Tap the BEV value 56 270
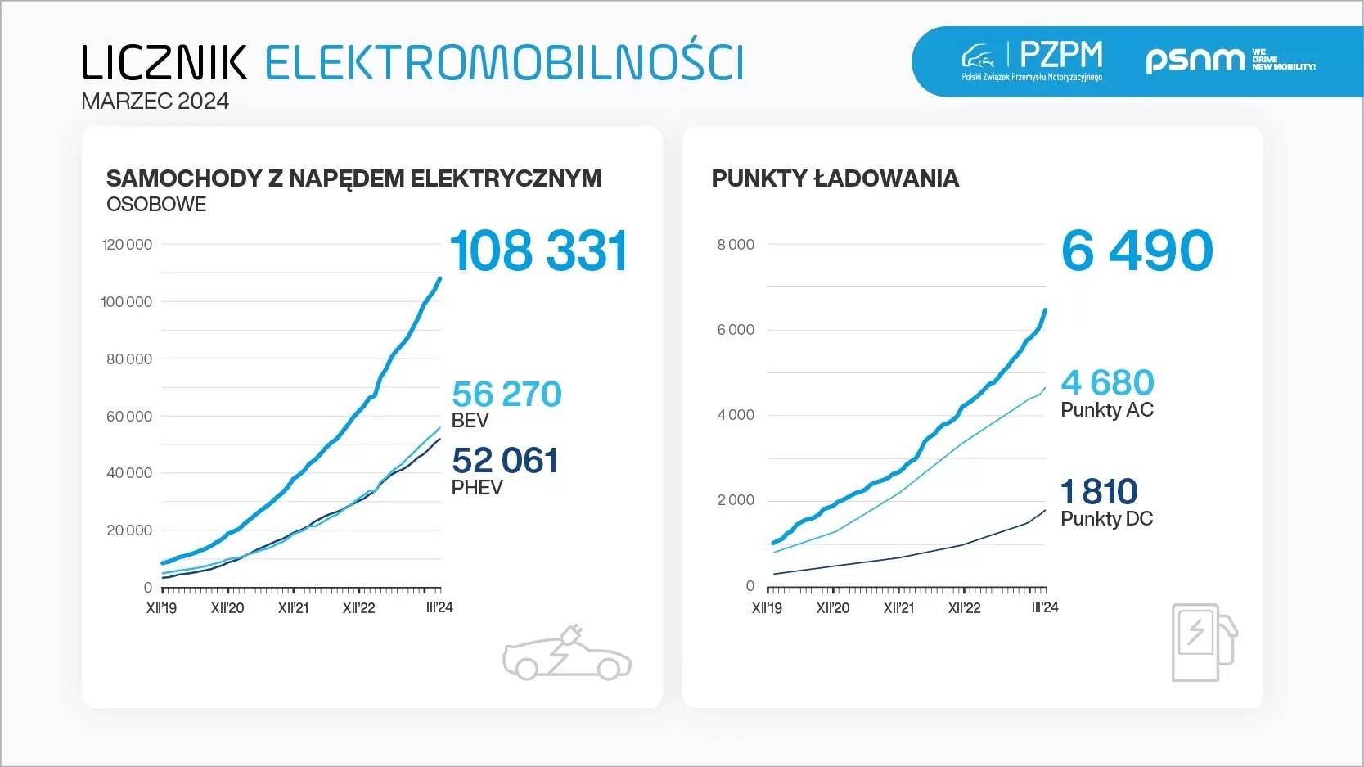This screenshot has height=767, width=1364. click(x=506, y=395)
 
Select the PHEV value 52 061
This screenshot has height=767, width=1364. click(x=505, y=461)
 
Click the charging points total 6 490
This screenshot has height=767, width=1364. click(x=1137, y=250)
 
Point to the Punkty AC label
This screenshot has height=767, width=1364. click(x=1106, y=410)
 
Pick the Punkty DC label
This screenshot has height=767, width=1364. click(x=1106, y=519)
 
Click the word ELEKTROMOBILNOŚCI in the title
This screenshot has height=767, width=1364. click(x=504, y=63)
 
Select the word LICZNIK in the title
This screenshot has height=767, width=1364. click(x=164, y=63)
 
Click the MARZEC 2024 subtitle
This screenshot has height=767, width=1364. click(x=155, y=102)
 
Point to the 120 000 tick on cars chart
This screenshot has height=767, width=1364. click(x=127, y=245)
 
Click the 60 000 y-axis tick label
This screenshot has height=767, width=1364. click(x=128, y=417)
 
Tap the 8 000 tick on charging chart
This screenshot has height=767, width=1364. click(x=736, y=245)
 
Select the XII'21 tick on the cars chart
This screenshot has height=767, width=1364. click(x=293, y=608)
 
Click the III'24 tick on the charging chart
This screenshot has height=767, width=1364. click(x=1045, y=607)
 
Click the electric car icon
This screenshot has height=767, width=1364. click(x=566, y=654)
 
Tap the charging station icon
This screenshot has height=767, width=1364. click(x=1204, y=643)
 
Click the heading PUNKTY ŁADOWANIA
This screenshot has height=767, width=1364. click(x=835, y=178)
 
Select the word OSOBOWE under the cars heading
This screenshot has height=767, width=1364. click(x=156, y=205)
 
